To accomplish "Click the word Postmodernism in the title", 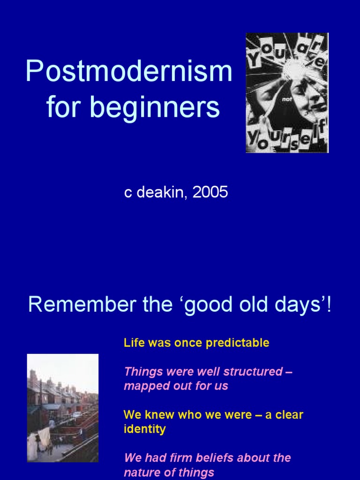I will point(129,72).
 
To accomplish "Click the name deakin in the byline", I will point(159,193).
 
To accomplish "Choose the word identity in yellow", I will point(144,429).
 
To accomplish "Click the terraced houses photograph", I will point(63,408).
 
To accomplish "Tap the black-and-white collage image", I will point(287,93).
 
